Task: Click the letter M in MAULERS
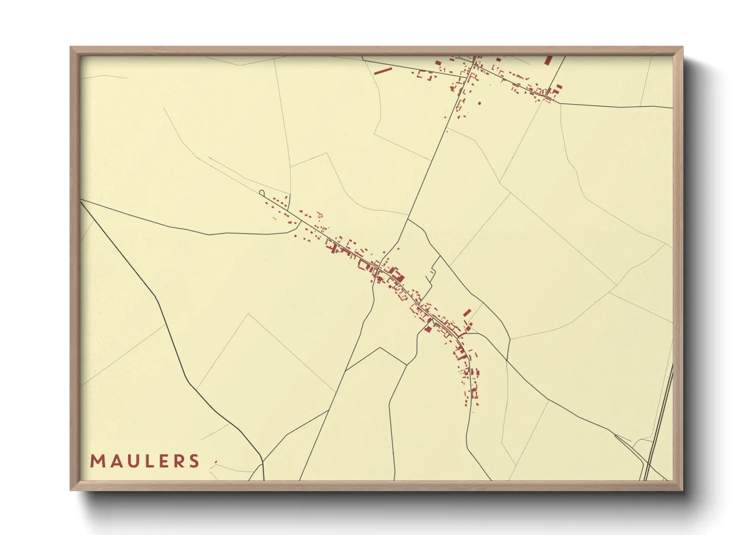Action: click(97, 461)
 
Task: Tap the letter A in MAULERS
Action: click(113, 461)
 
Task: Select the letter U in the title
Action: click(130, 461)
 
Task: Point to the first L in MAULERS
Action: click(146, 461)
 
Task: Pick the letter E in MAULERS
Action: click(160, 461)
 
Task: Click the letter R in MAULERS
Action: click(177, 461)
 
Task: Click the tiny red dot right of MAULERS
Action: click(216, 462)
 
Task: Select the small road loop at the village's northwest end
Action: click(261, 193)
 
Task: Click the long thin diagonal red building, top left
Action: click(383, 70)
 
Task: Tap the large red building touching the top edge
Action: click(548, 60)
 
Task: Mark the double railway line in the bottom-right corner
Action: click(658, 425)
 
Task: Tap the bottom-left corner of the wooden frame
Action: click(71, 489)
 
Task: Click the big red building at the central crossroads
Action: click(398, 276)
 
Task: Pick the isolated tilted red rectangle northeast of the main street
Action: click(467, 313)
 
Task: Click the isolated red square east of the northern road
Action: click(480, 103)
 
